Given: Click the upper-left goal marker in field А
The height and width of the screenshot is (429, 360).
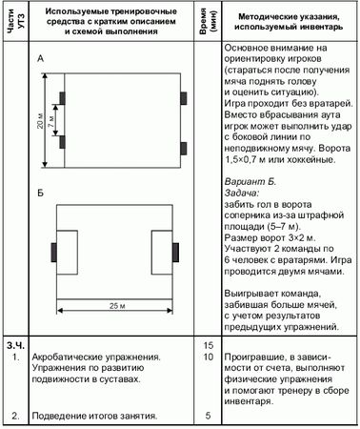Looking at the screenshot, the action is point(62,97).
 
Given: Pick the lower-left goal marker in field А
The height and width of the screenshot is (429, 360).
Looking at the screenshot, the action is point(62,143).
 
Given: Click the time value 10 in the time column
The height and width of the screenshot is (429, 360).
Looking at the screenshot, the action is point(209,356).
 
